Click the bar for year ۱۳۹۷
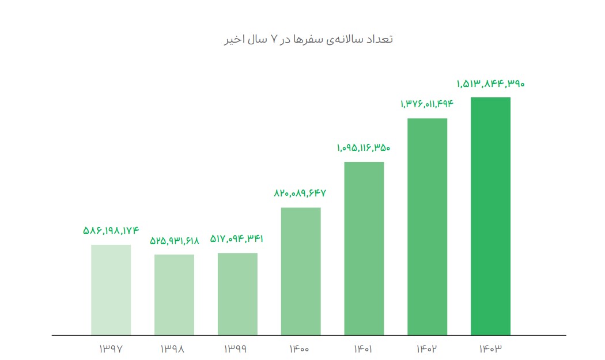tap(111, 290)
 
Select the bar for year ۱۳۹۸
tap(174, 294)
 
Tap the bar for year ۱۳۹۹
tap(237, 294)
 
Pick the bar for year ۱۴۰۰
tap(301, 271)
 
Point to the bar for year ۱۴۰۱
tap(364, 248)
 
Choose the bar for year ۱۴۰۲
tap(427, 226)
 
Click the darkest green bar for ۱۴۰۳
tap(490, 216)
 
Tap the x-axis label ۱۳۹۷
tap(111, 348)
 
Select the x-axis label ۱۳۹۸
tap(175, 348)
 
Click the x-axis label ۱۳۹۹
tap(237, 348)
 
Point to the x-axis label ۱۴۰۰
tap(301, 348)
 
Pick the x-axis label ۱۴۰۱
tap(364, 348)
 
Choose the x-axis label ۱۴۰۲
tap(427, 348)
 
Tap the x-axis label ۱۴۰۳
tap(490, 348)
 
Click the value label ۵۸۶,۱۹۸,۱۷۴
tap(111, 231)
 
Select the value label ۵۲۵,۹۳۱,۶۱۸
tap(175, 241)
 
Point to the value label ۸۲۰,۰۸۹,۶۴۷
tap(301, 194)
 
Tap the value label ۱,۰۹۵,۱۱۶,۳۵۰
tap(364, 148)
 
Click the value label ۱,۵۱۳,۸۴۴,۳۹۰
tap(490, 84)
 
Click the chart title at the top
tap(308, 39)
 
